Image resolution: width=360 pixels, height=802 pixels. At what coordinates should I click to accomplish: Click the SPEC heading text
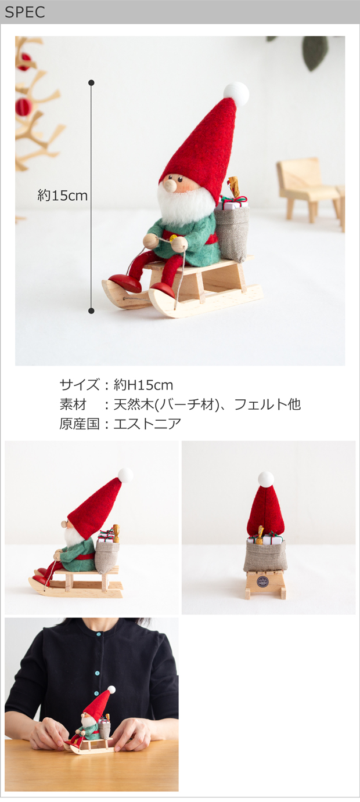click(24, 12)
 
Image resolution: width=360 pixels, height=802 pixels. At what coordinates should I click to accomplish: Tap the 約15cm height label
click(62, 196)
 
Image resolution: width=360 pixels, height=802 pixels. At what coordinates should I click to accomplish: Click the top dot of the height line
click(91, 83)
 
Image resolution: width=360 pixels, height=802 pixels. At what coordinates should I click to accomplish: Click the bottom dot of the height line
click(91, 310)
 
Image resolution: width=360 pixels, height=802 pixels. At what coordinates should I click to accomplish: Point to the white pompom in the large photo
click(236, 93)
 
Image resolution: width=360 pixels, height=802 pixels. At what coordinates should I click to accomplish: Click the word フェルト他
click(267, 404)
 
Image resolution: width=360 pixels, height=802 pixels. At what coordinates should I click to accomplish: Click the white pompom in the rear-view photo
click(266, 479)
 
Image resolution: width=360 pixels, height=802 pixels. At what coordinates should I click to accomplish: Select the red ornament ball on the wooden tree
click(23, 107)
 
